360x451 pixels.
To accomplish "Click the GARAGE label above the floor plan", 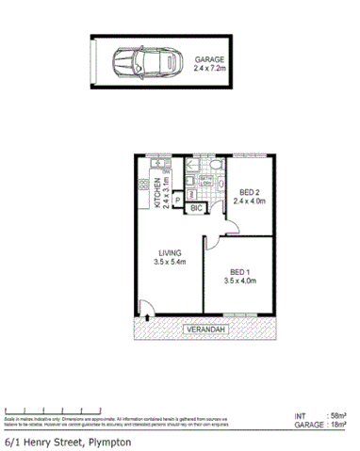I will point(209,58).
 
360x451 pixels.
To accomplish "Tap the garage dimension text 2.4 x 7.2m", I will point(210,68).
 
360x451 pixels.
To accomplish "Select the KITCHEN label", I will point(159,194).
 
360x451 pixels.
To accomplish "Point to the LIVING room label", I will point(170,252).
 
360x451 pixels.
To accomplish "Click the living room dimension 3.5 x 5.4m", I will point(170,263).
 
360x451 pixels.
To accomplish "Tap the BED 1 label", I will point(240,270).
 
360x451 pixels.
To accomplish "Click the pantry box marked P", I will point(177,200).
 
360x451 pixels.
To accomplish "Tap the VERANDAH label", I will point(205,330).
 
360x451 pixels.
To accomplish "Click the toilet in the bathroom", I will point(215,168).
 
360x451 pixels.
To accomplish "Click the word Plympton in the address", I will point(106,441).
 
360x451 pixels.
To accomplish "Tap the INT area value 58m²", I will point(335,415).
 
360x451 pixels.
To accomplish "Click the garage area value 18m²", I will point(335,426).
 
